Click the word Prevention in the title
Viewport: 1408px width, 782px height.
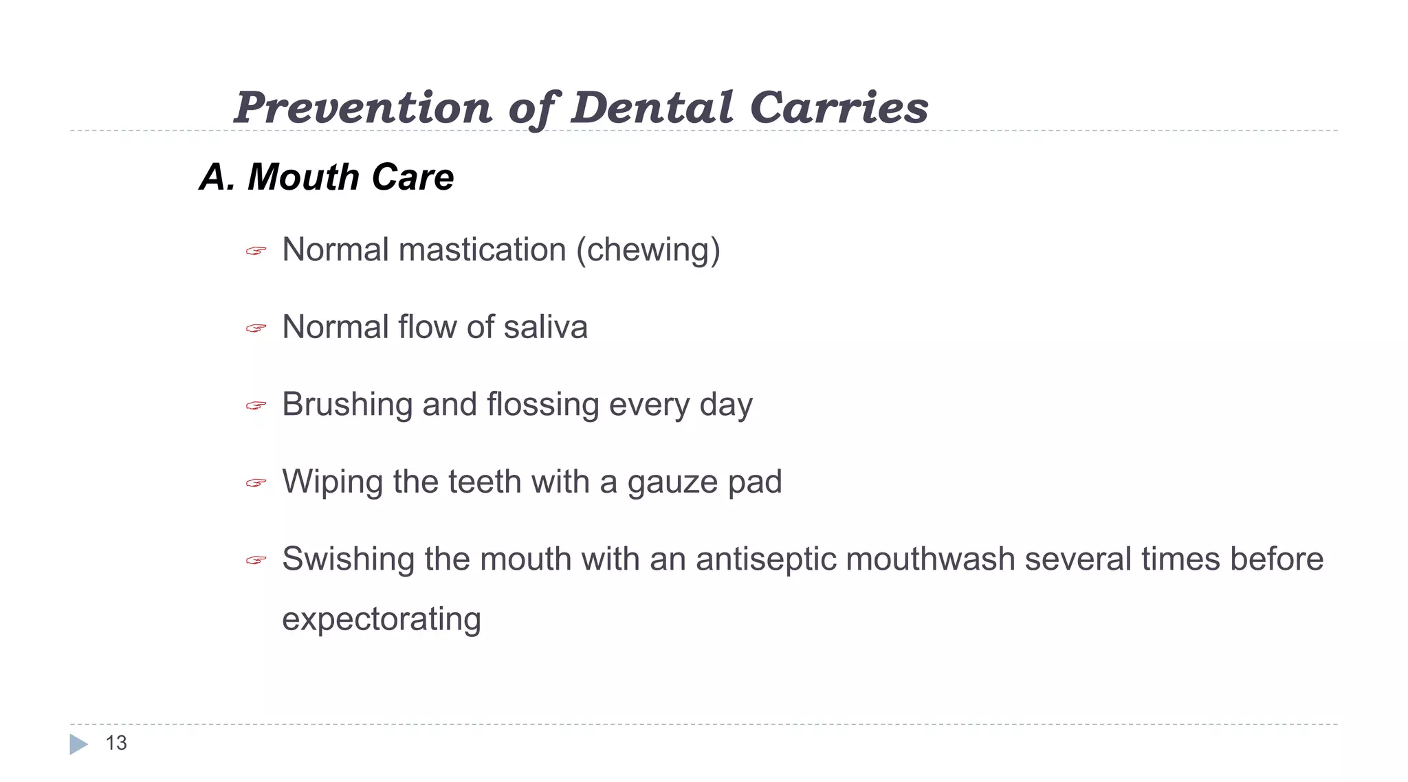[362, 108]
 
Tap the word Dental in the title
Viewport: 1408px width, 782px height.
[652, 108]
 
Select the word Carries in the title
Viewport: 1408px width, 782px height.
[839, 108]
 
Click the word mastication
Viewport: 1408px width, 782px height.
[482, 249]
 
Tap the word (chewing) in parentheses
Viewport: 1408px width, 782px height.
[648, 250]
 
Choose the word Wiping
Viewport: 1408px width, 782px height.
[333, 482]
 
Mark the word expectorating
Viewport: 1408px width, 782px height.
[382, 619]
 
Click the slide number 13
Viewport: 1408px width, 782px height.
[116, 743]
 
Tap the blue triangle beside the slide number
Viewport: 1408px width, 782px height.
[78, 744]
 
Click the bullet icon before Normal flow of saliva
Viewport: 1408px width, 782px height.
[256, 328]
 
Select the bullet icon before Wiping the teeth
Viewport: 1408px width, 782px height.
[256, 484]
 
